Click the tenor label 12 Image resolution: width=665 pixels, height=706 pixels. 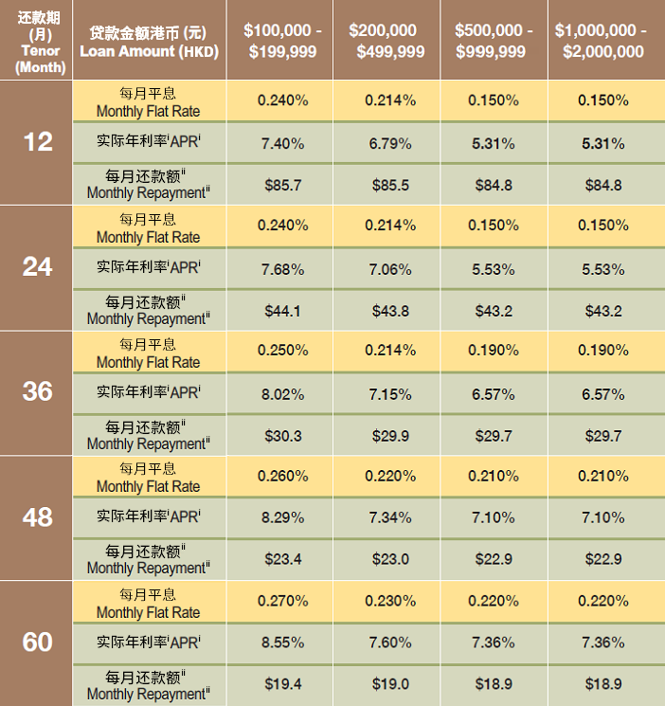(x=38, y=142)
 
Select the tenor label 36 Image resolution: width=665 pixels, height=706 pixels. (x=38, y=391)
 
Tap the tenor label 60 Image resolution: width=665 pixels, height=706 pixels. (x=38, y=642)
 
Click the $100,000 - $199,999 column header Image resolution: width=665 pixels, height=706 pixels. (x=282, y=41)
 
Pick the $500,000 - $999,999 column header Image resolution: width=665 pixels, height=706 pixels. (x=494, y=41)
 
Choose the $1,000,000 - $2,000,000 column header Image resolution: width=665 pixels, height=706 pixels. (x=601, y=41)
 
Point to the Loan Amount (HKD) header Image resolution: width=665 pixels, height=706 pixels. (x=147, y=41)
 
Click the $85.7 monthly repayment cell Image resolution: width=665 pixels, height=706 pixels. (x=282, y=185)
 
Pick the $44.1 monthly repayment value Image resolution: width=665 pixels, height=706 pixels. (x=282, y=310)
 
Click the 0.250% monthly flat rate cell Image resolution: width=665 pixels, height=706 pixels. (x=282, y=350)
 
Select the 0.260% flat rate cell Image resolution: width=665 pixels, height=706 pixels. (x=282, y=475)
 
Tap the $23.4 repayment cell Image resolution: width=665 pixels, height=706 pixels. (x=282, y=559)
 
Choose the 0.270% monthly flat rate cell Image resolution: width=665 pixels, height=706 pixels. (x=282, y=600)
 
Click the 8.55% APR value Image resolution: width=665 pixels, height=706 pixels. (x=282, y=643)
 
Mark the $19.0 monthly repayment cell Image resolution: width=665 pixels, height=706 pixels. (x=389, y=683)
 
